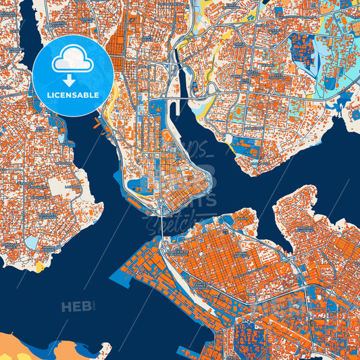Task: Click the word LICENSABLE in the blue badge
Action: pyautogui.click(x=73, y=95)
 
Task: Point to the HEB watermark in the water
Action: pyautogui.click(x=76, y=307)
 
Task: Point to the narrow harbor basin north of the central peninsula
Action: pyautogui.click(x=182, y=85)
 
